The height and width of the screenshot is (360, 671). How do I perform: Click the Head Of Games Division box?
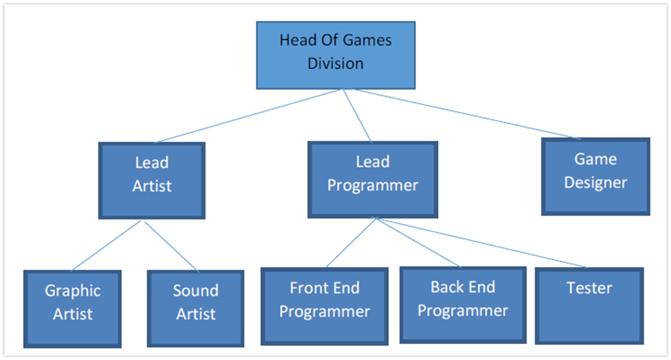[x=335, y=55]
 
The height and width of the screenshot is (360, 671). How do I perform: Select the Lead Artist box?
[x=152, y=180]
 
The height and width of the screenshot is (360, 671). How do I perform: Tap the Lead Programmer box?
[x=372, y=180]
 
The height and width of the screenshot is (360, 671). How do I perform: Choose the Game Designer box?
[x=596, y=177]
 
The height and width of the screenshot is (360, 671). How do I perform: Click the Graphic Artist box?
[x=73, y=308]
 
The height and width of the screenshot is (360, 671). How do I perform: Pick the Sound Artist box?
[x=195, y=308]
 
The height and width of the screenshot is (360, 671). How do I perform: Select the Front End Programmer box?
[x=325, y=306]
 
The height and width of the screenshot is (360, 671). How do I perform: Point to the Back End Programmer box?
[x=463, y=305]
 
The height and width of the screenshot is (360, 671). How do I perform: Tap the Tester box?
[x=589, y=306]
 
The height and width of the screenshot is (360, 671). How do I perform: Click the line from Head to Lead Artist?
[x=250, y=116]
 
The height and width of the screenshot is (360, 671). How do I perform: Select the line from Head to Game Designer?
[x=466, y=114]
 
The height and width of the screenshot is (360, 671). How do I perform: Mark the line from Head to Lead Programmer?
[x=357, y=116]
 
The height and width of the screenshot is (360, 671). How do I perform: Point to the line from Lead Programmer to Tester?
[x=480, y=242]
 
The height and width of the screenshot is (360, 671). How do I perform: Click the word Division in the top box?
[x=335, y=63]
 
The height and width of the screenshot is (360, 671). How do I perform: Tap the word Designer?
[x=596, y=183]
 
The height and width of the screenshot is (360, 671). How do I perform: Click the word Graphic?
[x=73, y=291]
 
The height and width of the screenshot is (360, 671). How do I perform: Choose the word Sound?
[x=195, y=290]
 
